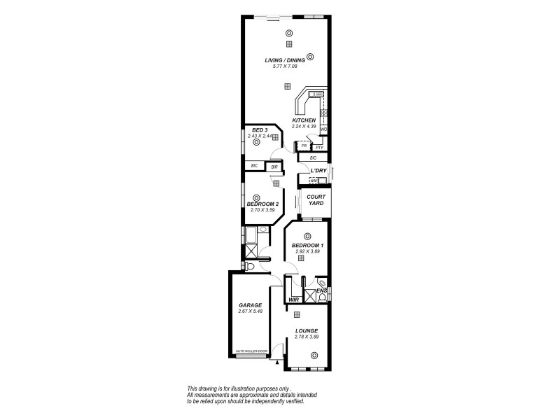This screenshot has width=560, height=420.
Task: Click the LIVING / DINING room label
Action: [284, 60]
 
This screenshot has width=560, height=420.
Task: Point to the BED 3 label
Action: [260, 130]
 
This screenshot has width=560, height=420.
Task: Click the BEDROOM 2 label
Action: [262, 203]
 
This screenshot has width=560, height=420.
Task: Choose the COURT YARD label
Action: [316, 200]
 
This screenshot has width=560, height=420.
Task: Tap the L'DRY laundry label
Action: [319, 171]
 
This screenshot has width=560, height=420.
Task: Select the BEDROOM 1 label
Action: [307, 245]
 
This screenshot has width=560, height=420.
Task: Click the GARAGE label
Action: [250, 305]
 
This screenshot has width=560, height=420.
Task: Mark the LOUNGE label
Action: [307, 331]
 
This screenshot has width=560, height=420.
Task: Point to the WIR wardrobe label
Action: [294, 300]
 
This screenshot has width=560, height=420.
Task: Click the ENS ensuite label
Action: [321, 290]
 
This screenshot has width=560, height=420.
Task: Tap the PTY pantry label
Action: [318, 148]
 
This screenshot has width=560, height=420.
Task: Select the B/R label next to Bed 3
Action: [274, 167]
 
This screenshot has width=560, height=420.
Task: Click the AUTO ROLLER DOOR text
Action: [253, 351]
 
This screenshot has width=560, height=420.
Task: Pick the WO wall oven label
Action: [323, 129]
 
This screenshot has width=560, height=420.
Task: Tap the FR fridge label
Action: [303, 146]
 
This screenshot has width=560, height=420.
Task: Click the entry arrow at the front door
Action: [278, 363]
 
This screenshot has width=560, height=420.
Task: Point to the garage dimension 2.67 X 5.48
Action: [250, 311]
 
